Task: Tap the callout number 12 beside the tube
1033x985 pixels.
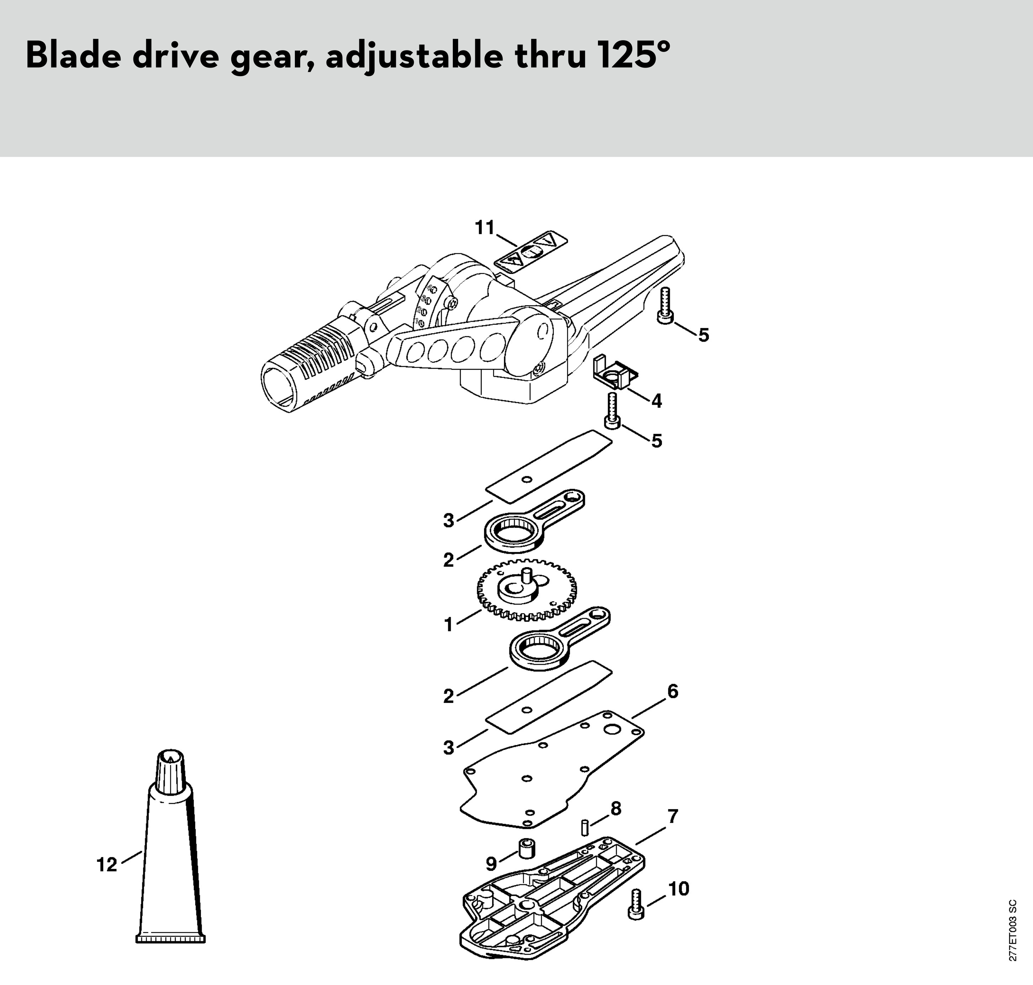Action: pos(107,864)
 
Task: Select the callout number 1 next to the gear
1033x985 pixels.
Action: pos(448,625)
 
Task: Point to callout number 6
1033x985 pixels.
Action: pos(672,691)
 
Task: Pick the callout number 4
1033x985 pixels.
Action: pos(656,401)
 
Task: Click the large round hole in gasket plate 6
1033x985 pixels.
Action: pos(612,730)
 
